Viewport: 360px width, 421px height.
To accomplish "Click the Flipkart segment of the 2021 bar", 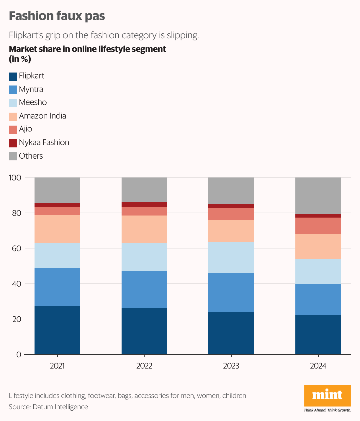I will (57, 330).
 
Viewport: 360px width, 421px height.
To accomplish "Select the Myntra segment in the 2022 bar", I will (144, 290).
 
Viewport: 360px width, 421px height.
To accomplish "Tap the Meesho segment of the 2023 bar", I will (231, 257).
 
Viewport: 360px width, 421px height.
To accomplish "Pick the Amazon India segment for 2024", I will (318, 246).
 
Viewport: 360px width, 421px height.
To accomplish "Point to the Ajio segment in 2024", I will (318, 226).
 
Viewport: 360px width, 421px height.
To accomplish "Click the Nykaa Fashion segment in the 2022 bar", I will (144, 204).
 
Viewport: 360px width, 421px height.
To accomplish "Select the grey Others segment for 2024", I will (318, 196).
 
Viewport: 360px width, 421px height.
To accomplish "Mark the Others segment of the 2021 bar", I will (57, 190).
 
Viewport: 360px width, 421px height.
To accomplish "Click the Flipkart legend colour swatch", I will (13, 76).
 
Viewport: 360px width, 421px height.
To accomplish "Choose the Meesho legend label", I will (33, 102).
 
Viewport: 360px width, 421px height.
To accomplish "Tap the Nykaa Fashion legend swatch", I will (13, 143).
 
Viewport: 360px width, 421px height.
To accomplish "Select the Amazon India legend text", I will (42, 116).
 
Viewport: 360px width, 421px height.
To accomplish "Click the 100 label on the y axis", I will (15, 177).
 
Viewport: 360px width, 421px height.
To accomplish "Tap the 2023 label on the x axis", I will (231, 366).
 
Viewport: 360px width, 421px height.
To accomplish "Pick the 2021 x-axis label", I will (57, 366).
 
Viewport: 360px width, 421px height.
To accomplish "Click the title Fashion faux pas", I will (57, 16).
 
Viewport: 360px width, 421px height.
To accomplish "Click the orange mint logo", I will (327, 395).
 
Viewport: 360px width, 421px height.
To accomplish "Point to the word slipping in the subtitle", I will (183, 35).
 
